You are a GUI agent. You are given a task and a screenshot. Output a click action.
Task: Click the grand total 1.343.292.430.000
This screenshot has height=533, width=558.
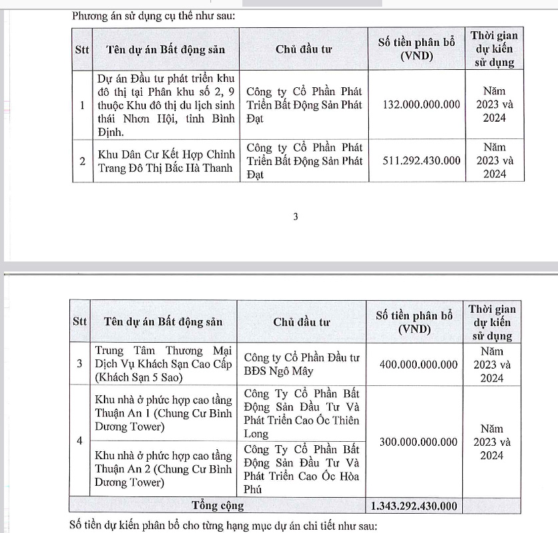(415, 506)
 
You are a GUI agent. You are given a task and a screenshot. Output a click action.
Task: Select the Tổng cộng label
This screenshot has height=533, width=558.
(218, 506)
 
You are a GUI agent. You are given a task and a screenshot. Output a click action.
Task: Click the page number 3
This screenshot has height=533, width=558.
(296, 217)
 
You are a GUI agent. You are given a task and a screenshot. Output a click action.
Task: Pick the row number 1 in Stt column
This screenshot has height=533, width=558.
(81, 105)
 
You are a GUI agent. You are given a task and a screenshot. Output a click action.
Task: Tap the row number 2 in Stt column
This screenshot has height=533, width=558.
(81, 160)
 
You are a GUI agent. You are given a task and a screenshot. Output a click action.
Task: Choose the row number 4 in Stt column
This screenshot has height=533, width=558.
(80, 441)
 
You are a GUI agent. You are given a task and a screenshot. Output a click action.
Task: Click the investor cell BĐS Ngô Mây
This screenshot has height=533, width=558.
(302, 365)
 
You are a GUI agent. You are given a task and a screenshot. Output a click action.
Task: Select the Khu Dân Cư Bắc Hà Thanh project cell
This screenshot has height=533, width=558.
(166, 161)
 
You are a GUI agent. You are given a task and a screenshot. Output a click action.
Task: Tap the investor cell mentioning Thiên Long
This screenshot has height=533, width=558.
(302, 413)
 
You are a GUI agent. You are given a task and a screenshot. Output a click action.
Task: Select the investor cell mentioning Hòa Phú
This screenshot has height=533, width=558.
(302, 468)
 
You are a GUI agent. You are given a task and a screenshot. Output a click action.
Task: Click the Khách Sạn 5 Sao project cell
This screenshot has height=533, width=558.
(162, 365)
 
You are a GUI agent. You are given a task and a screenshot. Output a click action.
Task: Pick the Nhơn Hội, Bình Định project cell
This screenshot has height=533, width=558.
(166, 105)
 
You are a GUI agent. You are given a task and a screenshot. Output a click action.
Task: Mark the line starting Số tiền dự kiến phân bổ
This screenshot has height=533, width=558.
(223, 526)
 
